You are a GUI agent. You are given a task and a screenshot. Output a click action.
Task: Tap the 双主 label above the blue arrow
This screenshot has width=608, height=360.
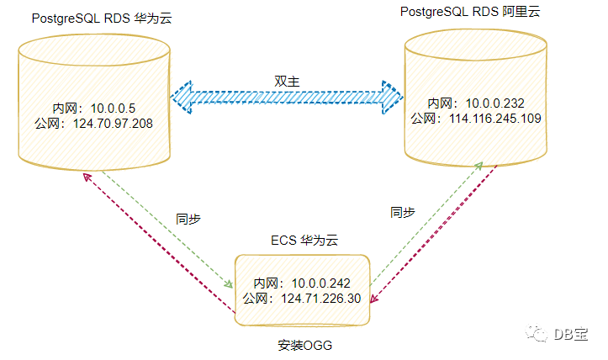pos(288,80)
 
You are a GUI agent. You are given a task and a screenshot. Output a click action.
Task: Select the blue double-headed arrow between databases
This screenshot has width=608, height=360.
pos(288,98)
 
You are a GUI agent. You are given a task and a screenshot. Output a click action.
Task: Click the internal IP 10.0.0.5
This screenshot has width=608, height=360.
pos(89,108)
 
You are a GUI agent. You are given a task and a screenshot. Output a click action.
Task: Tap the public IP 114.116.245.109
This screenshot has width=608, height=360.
pos(475,119)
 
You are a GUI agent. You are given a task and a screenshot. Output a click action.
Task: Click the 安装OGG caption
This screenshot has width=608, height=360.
pos(304,345)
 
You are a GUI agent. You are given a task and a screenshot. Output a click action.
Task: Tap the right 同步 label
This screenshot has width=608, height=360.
pos(403,212)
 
